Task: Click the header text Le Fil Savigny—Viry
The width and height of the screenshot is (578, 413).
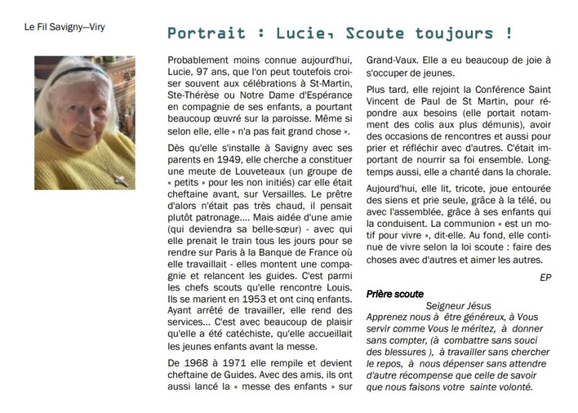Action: coord(61,29)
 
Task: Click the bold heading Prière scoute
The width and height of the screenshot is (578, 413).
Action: coord(395,293)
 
